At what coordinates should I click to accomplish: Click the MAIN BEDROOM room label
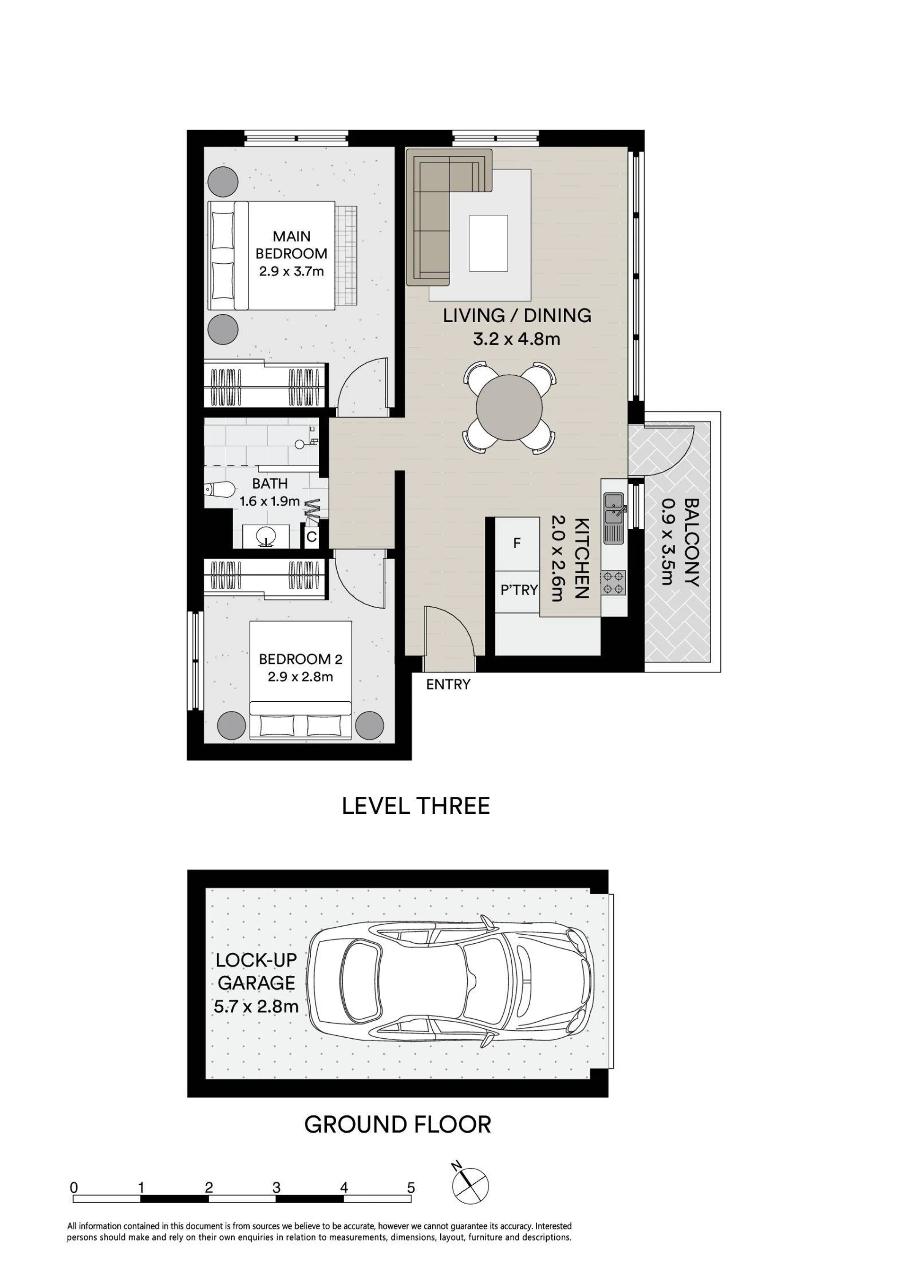(291, 245)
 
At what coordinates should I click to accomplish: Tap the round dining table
(509, 407)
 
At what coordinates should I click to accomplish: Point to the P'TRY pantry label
(519, 590)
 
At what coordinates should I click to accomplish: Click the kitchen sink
(614, 517)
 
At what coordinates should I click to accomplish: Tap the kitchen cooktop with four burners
(613, 583)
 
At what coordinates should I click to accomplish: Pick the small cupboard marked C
(312, 537)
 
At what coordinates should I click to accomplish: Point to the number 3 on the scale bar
(276, 1188)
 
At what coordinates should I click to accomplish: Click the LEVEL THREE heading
(416, 806)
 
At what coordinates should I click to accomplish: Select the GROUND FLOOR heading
(398, 1124)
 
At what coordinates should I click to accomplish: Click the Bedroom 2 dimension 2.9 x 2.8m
(300, 677)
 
